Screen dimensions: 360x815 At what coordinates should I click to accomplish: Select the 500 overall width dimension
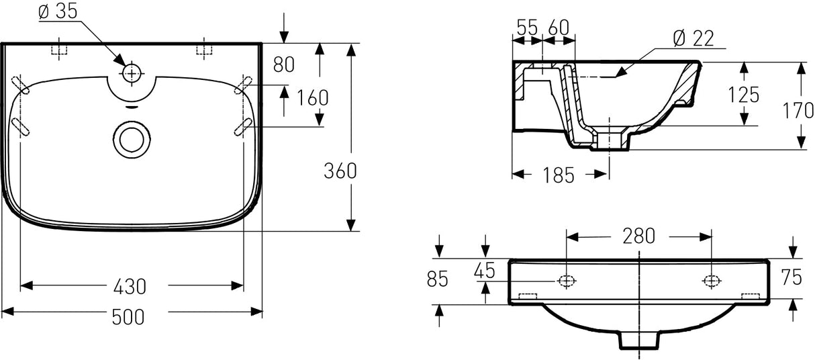(129, 316)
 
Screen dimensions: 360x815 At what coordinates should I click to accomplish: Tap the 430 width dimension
(129, 287)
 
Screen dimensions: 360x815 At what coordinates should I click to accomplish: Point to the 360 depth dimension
(340, 171)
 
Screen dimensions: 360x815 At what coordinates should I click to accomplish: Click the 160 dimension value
(313, 98)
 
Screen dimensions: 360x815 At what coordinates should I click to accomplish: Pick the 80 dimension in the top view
(285, 64)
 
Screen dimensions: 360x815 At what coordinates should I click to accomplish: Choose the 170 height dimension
(799, 110)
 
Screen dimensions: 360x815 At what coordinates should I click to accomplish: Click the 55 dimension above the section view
(528, 28)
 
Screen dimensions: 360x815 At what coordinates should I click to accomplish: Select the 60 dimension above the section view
(558, 28)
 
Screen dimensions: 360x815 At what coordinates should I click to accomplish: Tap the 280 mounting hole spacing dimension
(638, 236)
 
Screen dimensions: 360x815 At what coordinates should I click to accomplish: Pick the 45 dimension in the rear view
(484, 271)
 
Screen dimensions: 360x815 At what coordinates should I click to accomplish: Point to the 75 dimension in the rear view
(792, 277)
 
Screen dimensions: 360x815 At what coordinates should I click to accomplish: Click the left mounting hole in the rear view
(567, 281)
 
